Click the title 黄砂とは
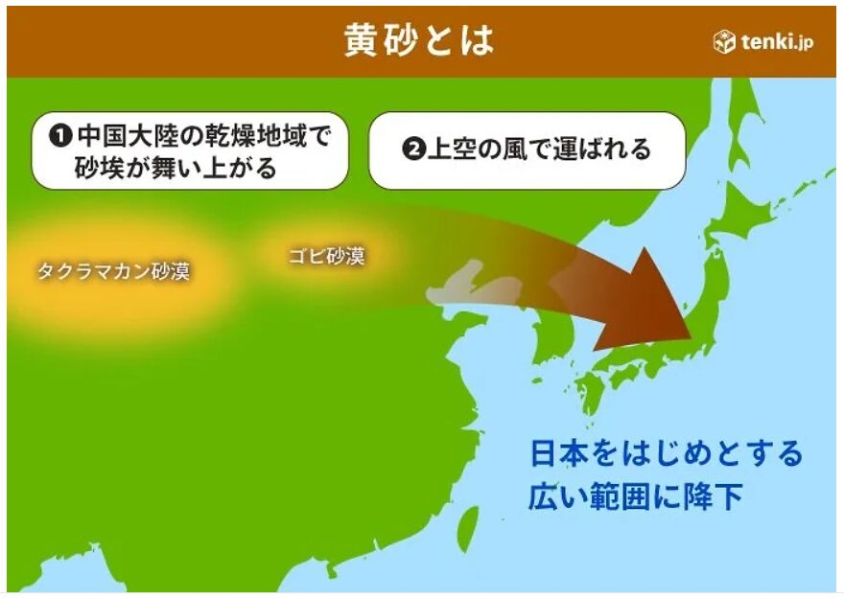point(419,40)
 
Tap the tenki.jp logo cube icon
point(724,41)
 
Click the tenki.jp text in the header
point(777,41)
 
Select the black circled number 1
point(60,135)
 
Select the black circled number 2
point(414,149)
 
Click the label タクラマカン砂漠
point(113,271)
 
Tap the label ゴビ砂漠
point(327,256)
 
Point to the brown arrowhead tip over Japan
point(692,337)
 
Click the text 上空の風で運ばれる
point(539,149)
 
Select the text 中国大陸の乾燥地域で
point(203,135)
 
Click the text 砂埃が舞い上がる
point(176,168)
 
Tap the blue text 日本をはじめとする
point(667,452)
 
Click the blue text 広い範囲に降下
point(636,495)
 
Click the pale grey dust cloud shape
point(474,284)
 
